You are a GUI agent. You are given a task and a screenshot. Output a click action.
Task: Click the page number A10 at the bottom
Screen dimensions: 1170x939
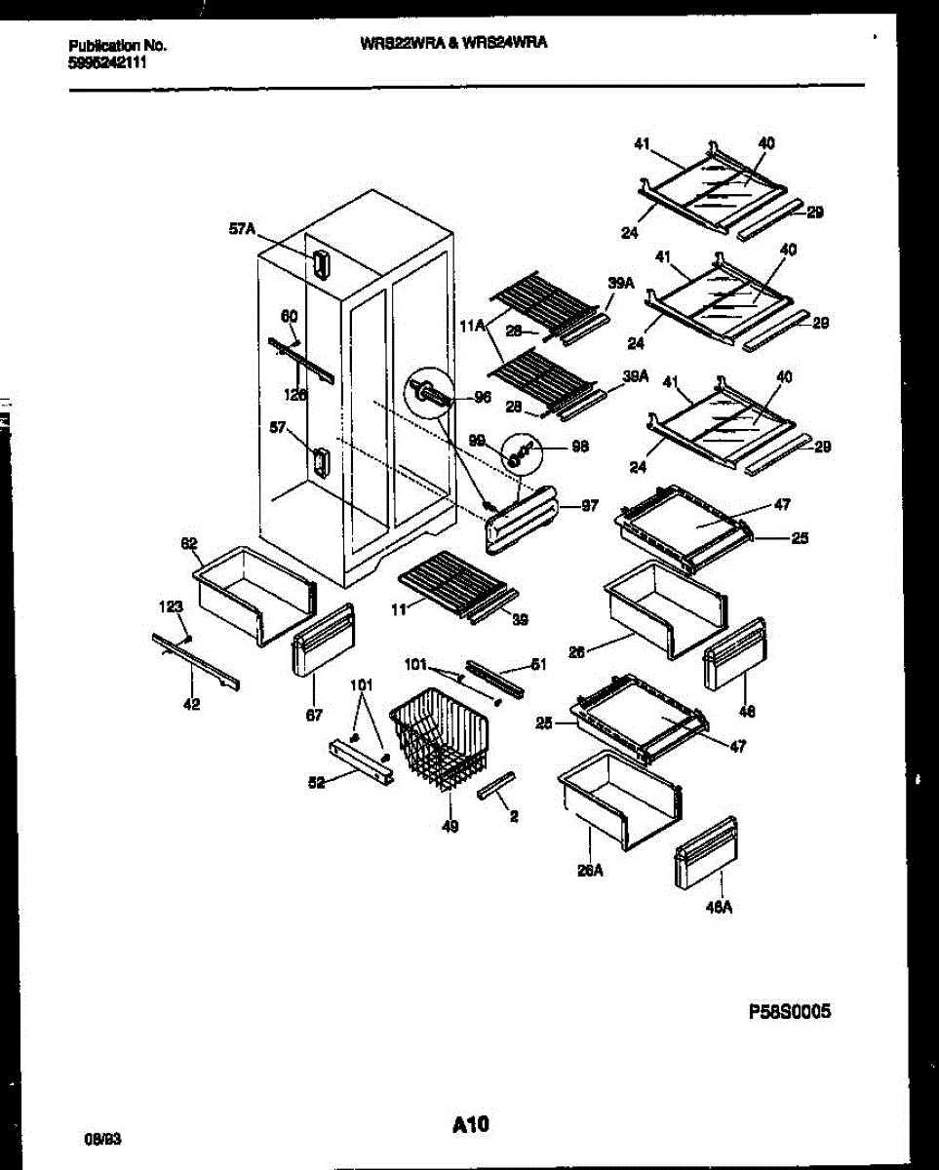(470, 1125)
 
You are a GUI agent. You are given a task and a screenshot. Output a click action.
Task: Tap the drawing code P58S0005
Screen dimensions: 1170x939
(790, 1013)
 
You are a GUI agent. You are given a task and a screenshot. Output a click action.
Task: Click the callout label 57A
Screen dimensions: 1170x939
(242, 230)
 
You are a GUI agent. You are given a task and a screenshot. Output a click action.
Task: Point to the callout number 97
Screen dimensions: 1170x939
(589, 507)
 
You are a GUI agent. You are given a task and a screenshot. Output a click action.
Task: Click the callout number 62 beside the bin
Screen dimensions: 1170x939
(189, 544)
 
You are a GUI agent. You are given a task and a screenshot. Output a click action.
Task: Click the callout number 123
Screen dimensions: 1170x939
(171, 607)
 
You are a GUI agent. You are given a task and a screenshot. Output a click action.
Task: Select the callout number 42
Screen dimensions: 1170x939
(192, 705)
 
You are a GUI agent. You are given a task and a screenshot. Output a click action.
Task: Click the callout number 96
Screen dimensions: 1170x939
(481, 397)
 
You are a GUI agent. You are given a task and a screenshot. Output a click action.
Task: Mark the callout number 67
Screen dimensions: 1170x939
(314, 715)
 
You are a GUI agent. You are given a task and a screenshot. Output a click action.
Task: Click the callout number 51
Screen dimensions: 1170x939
(538, 664)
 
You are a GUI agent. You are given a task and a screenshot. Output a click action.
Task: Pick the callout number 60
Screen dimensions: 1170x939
(289, 316)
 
